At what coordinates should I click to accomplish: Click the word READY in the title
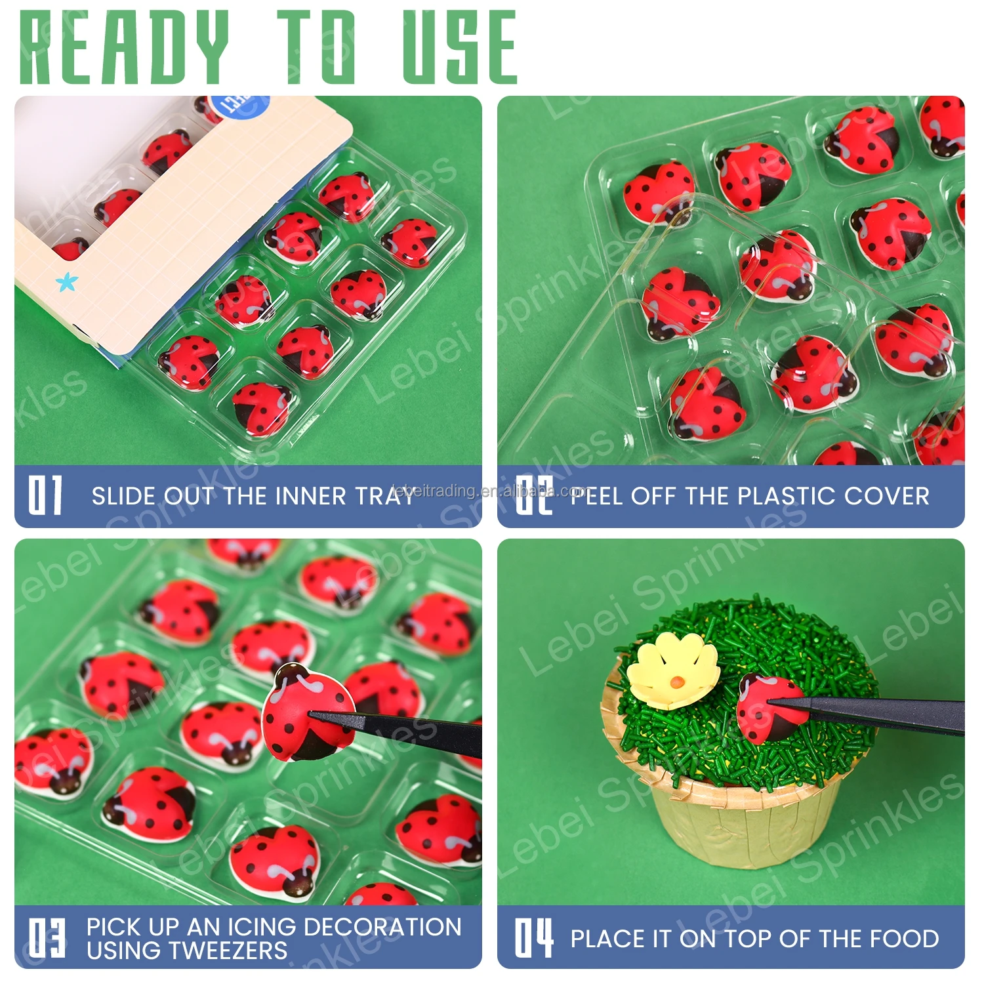click(x=125, y=47)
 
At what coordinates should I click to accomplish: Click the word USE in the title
click(x=460, y=47)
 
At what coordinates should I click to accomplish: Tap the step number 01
click(x=45, y=495)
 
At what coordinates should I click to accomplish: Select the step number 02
click(x=534, y=495)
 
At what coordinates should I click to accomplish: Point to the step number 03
click(x=47, y=938)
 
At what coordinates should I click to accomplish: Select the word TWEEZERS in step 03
click(x=186, y=951)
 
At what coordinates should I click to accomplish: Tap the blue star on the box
click(x=66, y=283)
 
